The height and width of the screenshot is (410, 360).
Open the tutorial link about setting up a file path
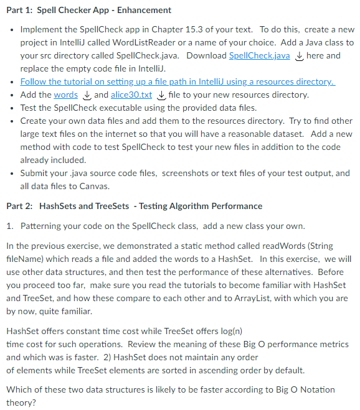click(x=178, y=82)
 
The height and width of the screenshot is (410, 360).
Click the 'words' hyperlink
click(x=65, y=95)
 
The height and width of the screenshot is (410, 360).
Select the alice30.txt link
click(x=131, y=95)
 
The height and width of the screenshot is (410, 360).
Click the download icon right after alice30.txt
click(x=161, y=95)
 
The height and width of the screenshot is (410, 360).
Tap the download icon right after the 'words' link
click(x=86, y=95)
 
